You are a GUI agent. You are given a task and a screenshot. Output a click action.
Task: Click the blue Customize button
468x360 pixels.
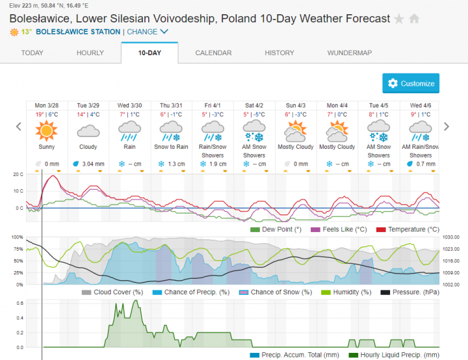pos(411,83)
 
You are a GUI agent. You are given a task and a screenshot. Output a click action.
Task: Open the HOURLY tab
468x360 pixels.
pos(90,53)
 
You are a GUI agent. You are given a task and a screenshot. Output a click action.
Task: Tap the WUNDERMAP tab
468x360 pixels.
pos(350,53)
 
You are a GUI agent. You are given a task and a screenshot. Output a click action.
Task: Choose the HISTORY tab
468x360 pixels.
pos(279,53)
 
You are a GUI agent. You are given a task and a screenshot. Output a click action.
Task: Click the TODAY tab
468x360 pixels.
pos(32,53)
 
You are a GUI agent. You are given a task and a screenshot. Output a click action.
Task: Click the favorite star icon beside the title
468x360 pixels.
pos(399,19)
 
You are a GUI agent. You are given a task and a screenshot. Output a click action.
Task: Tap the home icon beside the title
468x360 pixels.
pos(414,19)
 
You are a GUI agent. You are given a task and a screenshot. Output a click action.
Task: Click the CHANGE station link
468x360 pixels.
pos(147,32)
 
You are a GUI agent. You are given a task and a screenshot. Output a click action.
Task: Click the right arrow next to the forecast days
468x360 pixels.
pos(446,127)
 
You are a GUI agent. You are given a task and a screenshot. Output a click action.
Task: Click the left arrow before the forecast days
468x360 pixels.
pos(18,127)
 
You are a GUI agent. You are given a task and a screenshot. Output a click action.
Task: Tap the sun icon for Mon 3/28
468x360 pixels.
pos(46,131)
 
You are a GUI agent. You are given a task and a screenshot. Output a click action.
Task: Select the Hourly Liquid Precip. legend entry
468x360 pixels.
pos(397,355)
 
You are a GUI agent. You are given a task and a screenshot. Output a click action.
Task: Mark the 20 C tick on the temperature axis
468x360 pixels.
pos(19,175)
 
